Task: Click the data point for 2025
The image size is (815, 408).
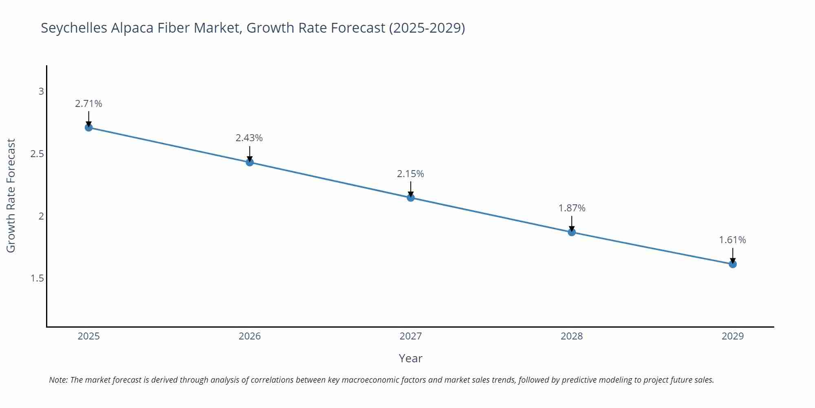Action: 88,127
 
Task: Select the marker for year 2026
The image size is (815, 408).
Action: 250,162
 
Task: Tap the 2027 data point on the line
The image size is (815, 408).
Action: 411,198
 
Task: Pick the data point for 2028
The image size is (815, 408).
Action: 572,232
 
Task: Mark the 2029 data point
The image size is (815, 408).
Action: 733,264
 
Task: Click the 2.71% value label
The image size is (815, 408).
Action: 88,104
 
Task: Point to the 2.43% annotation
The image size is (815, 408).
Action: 249,138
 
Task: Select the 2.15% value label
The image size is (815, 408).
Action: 411,174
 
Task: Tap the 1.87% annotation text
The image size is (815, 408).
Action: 572,208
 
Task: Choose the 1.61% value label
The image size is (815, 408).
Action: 733,240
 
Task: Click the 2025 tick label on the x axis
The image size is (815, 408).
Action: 88,336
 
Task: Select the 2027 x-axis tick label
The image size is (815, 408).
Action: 411,336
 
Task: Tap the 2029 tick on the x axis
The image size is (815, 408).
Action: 733,336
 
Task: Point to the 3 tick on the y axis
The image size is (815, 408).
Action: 41,91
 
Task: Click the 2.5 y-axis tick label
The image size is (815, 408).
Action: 37,154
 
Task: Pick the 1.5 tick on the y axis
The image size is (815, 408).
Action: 37,278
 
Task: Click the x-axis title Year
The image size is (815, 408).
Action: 411,358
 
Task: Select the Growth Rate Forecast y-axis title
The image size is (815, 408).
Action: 11,196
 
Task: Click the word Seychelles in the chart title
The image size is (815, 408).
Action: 74,28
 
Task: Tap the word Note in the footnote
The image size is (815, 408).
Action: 58,380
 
